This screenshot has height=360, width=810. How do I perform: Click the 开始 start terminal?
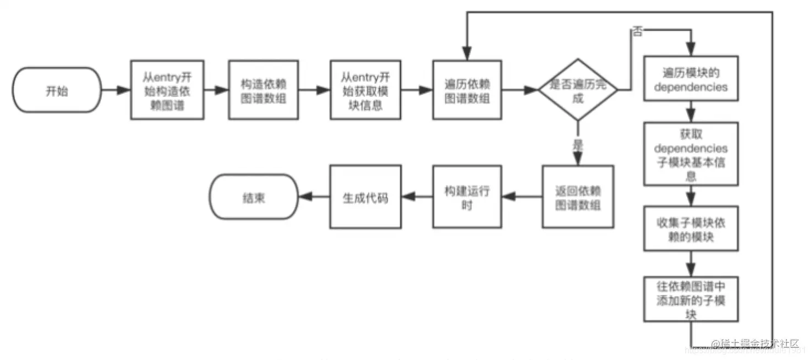57,90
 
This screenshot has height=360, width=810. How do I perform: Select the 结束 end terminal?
253,197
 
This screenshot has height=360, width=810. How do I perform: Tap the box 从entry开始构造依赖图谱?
167,90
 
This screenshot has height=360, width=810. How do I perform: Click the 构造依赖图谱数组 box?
264,90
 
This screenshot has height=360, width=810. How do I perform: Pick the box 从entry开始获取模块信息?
365,90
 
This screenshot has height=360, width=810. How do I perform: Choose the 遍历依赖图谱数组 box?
467,90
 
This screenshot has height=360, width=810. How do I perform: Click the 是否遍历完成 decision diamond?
577,90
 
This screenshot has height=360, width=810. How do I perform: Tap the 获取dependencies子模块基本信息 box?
691,154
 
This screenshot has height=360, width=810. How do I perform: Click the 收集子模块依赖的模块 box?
691,229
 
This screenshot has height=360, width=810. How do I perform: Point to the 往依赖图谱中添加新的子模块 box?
691,299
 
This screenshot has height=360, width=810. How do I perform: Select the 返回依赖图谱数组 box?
577,197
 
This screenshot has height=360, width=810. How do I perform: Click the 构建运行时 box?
467,197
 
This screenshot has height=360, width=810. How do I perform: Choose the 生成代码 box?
365,197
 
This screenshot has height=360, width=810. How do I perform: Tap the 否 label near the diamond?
637,32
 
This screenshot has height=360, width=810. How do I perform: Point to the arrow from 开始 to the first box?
116,90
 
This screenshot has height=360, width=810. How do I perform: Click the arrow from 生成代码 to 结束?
314,197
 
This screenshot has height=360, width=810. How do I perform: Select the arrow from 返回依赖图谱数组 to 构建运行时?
522,197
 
